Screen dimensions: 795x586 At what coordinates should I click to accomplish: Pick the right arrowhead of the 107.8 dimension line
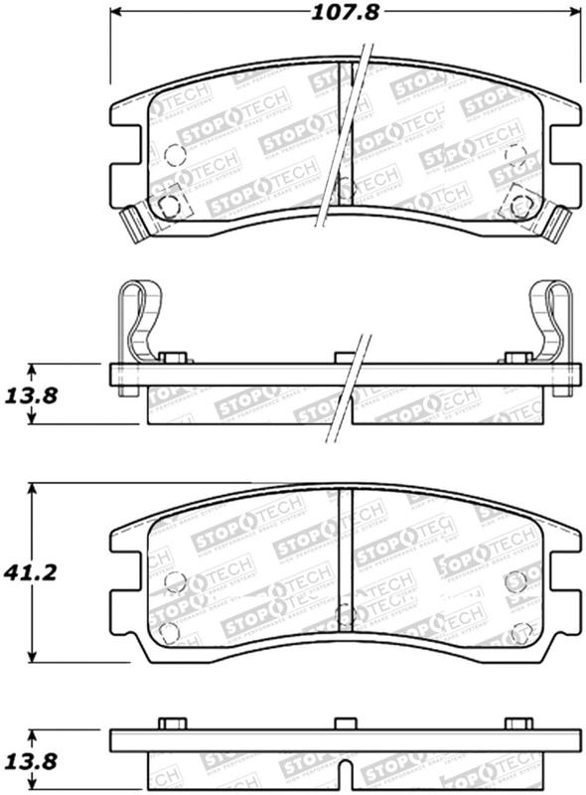point(575,13)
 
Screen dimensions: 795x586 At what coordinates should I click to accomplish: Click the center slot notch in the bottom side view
point(343,770)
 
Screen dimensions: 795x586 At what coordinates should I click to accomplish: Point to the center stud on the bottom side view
point(343,722)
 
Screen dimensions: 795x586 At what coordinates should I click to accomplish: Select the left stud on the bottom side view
point(172,722)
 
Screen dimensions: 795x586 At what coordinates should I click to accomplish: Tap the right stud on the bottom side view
point(518,722)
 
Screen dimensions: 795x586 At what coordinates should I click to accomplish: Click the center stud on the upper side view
point(344,357)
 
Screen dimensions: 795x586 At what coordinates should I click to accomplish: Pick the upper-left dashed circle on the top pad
point(174,155)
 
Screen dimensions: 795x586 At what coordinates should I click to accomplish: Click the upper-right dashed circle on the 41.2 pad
point(514,581)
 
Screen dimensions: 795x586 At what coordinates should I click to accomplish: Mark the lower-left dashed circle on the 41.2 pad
point(170,632)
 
